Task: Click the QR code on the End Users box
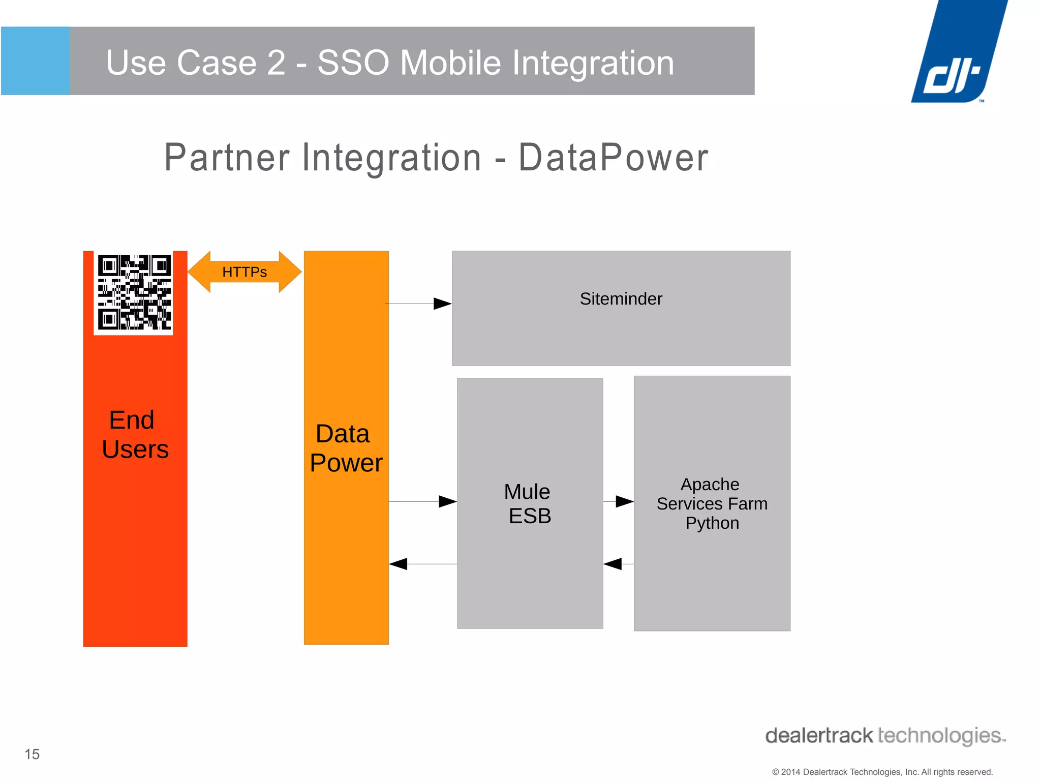tap(134, 292)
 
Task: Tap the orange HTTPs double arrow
tap(244, 272)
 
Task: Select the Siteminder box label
tap(621, 299)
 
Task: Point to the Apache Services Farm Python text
tap(712, 503)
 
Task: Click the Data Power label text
tap(346, 448)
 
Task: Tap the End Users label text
tap(135, 435)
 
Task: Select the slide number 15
tap(32, 754)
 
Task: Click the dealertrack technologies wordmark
tap(884, 736)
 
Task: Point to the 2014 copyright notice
tap(882, 772)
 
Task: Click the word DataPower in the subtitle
tap(613, 158)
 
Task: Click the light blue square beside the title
tap(35, 61)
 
